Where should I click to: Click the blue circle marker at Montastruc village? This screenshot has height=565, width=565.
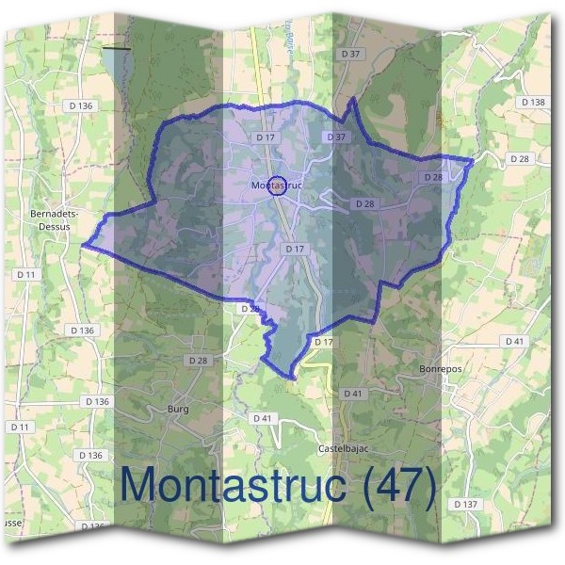click(277, 185)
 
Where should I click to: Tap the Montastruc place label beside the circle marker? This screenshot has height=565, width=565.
click(276, 186)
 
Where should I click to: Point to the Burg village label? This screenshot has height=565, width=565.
click(177, 409)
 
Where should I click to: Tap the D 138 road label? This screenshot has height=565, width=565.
click(532, 102)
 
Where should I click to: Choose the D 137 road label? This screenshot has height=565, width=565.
click(466, 505)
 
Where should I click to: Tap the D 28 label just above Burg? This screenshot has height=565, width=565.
click(198, 361)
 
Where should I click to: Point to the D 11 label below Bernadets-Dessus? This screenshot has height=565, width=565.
click(26, 274)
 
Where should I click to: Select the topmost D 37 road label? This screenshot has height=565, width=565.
click(351, 54)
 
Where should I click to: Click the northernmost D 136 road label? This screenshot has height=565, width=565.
click(82, 105)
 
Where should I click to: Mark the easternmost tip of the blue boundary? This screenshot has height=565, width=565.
click(473, 157)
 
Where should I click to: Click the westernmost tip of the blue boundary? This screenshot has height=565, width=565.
click(83, 244)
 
